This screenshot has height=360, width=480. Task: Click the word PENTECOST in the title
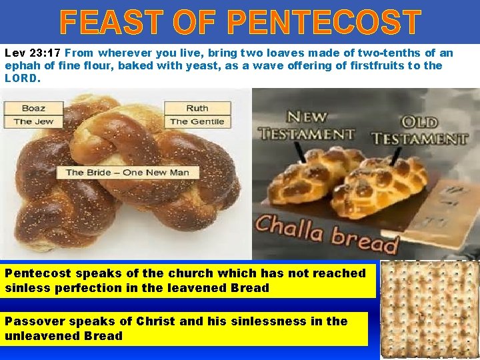[325, 23]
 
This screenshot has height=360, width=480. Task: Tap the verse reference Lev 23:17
[33, 53]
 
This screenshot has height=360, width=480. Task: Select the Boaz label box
[33, 108]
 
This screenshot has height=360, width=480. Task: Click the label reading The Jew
[33, 121]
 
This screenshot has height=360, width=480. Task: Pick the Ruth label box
[197, 108]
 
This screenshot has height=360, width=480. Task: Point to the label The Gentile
[197, 121]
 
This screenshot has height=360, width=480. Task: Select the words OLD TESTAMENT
[420, 130]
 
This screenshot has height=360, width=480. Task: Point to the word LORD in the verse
[21, 78]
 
